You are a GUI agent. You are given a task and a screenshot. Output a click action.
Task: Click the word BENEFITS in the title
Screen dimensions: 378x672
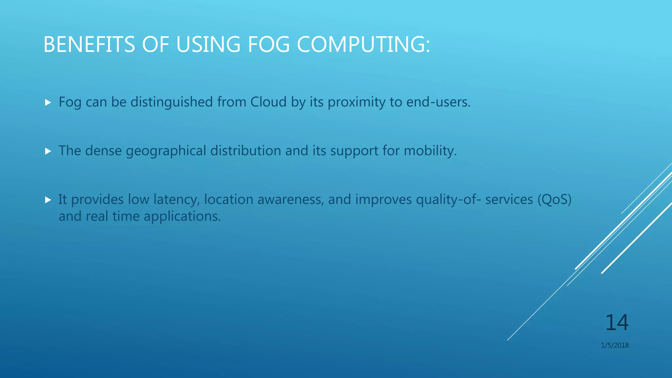click(89, 44)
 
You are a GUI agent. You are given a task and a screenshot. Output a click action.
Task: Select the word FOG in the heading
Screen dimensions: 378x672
click(269, 44)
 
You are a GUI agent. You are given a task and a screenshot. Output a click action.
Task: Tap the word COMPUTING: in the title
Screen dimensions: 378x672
click(363, 44)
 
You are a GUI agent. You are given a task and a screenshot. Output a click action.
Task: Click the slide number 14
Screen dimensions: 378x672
click(617, 323)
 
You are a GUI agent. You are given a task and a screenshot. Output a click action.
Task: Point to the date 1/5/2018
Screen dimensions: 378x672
click(615, 345)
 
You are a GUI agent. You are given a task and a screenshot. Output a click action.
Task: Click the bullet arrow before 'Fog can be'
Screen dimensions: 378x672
click(48, 103)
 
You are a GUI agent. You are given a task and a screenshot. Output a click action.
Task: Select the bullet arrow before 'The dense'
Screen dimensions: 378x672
click(48, 151)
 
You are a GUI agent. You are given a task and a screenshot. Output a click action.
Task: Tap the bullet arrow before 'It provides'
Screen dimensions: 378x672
click(48, 200)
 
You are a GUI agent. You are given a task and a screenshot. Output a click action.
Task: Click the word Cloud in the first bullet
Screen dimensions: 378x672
click(268, 102)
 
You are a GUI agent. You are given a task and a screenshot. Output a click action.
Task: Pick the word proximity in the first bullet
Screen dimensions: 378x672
click(357, 102)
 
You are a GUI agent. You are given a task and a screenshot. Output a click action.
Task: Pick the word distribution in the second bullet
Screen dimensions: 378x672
click(245, 151)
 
